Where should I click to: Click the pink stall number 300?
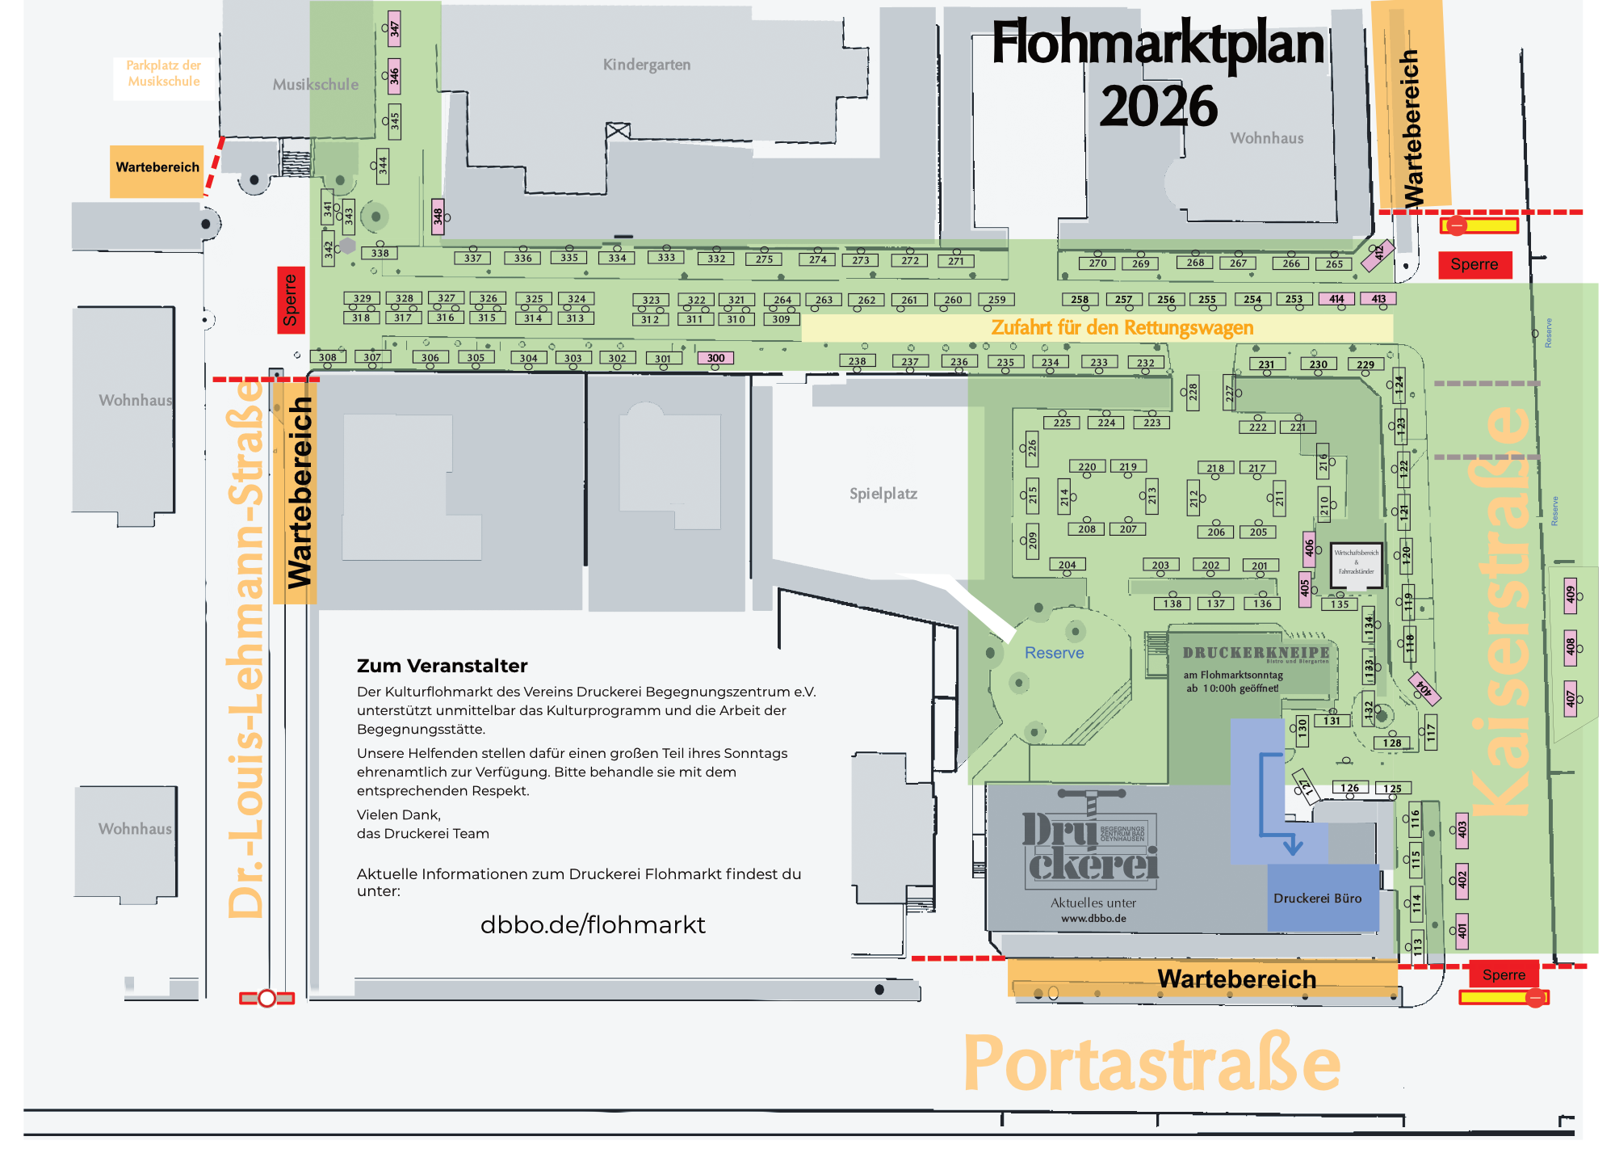coord(715,358)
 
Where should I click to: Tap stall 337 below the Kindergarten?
coord(473,259)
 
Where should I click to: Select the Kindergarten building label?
coord(647,65)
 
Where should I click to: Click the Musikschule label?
coord(315,85)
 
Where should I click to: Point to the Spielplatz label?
coord(883,494)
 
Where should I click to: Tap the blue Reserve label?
coord(1054,653)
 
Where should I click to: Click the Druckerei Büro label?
coord(1317,899)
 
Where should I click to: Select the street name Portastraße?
coord(1151,1064)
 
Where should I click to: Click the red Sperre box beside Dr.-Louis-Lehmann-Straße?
coord(291,300)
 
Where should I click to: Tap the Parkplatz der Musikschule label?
coord(164,74)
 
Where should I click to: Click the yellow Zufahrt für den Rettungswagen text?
coord(1122,328)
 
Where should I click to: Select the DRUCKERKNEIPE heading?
coord(1256,653)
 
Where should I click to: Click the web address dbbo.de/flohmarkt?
coord(593,925)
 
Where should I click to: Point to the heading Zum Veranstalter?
coord(442,667)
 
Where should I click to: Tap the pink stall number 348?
coord(438,217)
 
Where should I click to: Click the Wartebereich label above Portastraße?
coord(1236,979)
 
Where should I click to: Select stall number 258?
coord(1080,300)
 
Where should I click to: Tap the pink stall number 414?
coord(1336,299)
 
